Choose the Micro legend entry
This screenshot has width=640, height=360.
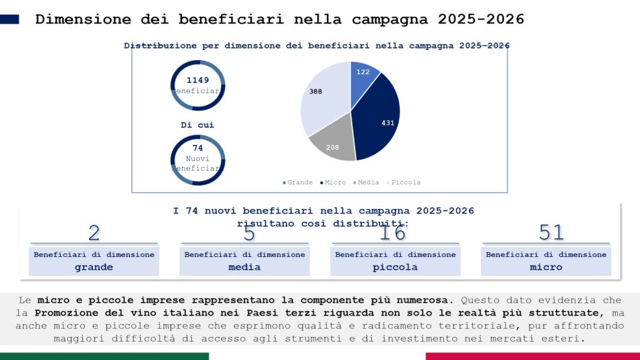click(x=333, y=183)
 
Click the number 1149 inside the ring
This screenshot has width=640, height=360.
click(x=197, y=80)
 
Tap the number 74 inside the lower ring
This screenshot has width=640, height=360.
click(x=197, y=148)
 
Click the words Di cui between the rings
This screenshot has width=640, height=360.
click(x=197, y=125)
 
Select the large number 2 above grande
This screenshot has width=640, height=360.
click(x=94, y=233)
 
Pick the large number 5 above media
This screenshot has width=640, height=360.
click(x=249, y=233)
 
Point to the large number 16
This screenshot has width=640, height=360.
click(x=393, y=233)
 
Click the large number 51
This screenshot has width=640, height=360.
click(x=551, y=233)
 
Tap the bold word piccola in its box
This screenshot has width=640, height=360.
click(x=395, y=267)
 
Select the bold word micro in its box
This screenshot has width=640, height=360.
click(x=546, y=267)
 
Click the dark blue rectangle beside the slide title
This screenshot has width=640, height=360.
click(x=10, y=20)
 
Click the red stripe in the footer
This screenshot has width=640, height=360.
click(x=532, y=356)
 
